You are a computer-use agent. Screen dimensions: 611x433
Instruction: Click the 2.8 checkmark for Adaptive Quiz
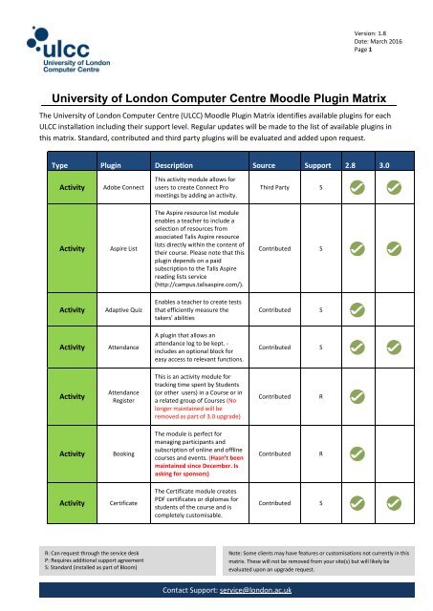point(356,309)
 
